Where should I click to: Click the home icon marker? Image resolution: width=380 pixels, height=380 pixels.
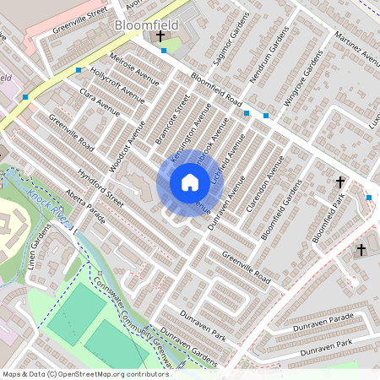(x=189, y=182)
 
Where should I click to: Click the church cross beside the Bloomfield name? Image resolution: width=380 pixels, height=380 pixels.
(x=160, y=37)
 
